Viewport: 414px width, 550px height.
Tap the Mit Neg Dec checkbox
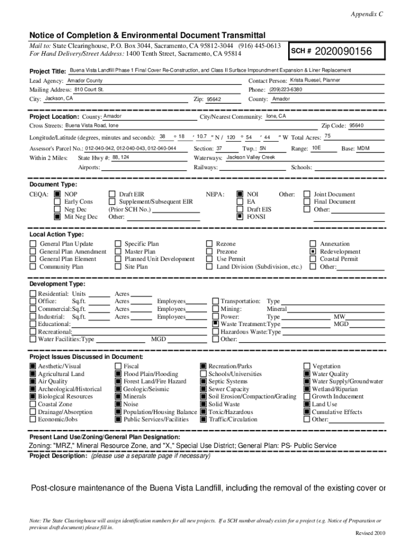(57, 217)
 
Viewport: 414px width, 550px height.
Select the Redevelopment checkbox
(312, 251)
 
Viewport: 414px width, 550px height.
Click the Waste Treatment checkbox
(216, 324)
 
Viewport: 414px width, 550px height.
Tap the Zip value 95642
(213, 99)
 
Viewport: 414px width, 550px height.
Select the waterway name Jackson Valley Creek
(251, 157)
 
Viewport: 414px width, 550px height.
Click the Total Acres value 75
(327, 136)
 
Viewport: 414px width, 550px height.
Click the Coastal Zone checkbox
(33, 404)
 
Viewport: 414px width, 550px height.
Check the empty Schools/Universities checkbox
(204, 374)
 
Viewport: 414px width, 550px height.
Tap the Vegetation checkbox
(307, 366)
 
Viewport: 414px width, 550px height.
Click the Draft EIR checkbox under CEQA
(112, 194)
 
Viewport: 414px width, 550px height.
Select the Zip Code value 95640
(356, 125)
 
